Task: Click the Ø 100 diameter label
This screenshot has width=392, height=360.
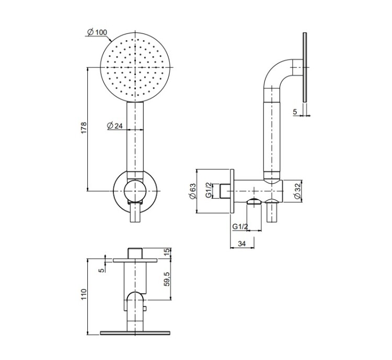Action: (x=97, y=32)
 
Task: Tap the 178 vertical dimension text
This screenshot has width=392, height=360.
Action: (x=84, y=127)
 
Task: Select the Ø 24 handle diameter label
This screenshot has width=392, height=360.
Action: (x=115, y=126)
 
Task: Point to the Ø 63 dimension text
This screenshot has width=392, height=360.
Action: (x=192, y=191)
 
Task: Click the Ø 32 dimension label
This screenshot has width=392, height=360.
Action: (x=297, y=192)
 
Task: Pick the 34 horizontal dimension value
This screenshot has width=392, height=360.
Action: (x=242, y=244)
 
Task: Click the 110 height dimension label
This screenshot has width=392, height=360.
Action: (x=84, y=295)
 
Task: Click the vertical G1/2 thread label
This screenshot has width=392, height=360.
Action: (x=209, y=190)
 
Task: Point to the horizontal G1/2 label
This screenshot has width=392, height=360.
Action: (x=240, y=227)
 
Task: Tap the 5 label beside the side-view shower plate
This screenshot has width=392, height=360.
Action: (x=295, y=112)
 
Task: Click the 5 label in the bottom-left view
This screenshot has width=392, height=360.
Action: (x=101, y=271)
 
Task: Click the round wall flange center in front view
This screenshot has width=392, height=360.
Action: (x=135, y=192)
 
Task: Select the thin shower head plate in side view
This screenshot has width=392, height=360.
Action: (x=305, y=67)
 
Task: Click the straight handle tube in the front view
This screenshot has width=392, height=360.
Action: (x=135, y=137)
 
